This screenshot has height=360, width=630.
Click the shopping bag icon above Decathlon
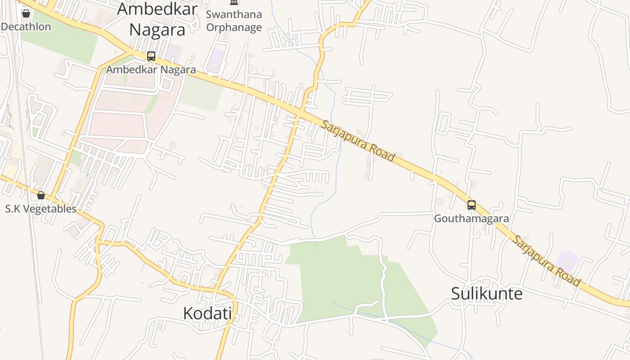pyautogui.click(x=26, y=13)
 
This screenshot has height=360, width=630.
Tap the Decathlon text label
pyautogui.click(x=26, y=27)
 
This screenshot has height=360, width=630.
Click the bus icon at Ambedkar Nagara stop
pyautogui.click(x=151, y=56)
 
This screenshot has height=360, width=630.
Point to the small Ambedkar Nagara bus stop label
pyautogui.click(x=151, y=70)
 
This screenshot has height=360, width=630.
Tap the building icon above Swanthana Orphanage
pyautogui.click(x=234, y=2)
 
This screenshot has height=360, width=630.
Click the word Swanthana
pyautogui.click(x=234, y=14)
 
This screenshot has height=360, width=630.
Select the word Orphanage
pyautogui.click(x=234, y=27)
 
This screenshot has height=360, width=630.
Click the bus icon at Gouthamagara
pyautogui.click(x=472, y=205)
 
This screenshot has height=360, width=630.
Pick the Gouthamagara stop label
pyautogui.click(x=472, y=219)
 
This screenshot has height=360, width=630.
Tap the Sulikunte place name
pyautogui.click(x=487, y=294)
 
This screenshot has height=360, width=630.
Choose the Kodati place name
pyautogui.click(x=207, y=313)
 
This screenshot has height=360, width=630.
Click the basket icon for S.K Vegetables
pyautogui.click(x=41, y=195)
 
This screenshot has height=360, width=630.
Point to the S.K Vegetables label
pyautogui.click(x=41, y=209)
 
